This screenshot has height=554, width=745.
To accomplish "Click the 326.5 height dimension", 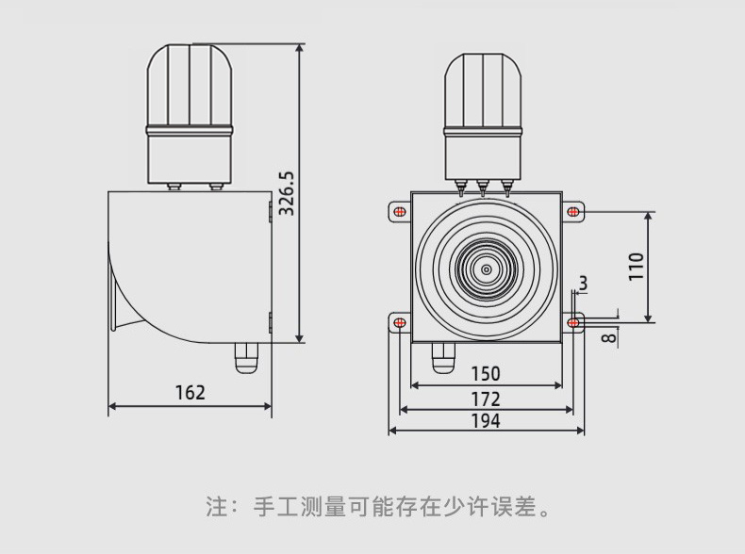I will pyautogui.click(x=288, y=192).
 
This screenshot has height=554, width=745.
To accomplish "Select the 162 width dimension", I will pyautogui.click(x=190, y=392).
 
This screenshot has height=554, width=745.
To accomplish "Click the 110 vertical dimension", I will pyautogui.click(x=636, y=267).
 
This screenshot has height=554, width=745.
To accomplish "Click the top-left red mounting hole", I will pyautogui.click(x=400, y=210).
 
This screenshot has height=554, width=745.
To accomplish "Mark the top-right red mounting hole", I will pyautogui.click(x=573, y=210).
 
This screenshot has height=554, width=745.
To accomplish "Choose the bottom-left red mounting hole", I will pyautogui.click(x=400, y=323).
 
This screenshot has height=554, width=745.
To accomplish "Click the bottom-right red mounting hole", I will pyautogui.click(x=573, y=323).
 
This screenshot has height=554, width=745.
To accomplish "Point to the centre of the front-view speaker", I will pyautogui.click(x=487, y=269).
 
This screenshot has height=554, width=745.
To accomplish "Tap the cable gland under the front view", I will pyautogui.click(x=442, y=357).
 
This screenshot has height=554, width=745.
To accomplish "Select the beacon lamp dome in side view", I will pyautogui.click(x=190, y=83).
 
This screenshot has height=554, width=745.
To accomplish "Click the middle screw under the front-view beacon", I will pyautogui.click(x=485, y=187).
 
